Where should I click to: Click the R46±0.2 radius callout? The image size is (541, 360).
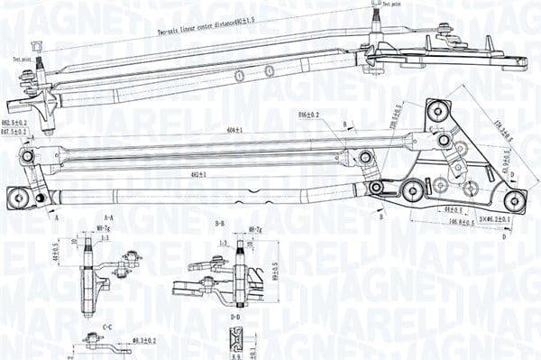[x=310, y=116]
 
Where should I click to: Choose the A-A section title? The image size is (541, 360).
[x=107, y=217]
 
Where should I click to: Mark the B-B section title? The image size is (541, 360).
[x=220, y=222]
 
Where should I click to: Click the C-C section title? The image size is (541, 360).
[x=107, y=327]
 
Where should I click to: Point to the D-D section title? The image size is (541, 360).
[x=234, y=318]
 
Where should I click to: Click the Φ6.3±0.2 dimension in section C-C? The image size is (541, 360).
[x=144, y=341]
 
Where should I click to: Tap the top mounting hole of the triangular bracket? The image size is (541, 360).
[x=438, y=111]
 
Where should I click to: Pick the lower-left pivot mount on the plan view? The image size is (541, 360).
[x=16, y=197]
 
